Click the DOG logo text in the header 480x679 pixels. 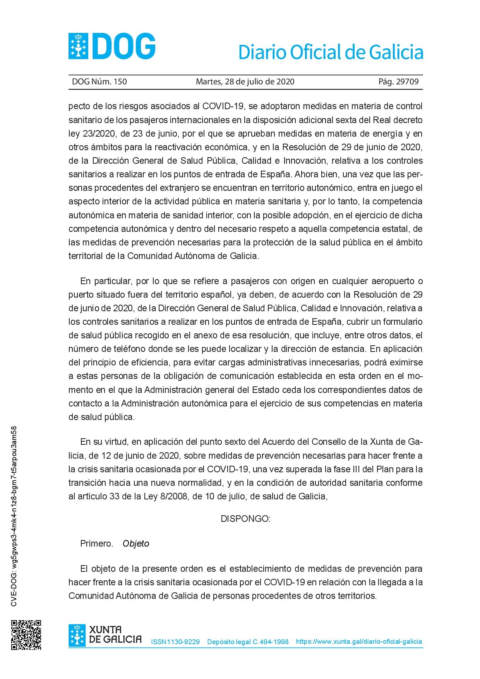click(124, 46)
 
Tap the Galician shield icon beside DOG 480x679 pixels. click(78, 46)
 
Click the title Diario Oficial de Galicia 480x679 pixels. click(331, 52)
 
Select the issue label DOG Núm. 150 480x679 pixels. click(99, 82)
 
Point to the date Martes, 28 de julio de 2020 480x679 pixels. click(245, 82)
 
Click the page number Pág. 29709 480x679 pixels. click(398, 82)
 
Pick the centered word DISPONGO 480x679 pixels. click(245, 519)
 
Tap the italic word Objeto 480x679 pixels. click(136, 544)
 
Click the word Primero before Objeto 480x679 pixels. click(96, 544)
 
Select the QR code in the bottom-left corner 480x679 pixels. click(26, 635)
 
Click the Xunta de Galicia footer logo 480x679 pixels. click(105, 635)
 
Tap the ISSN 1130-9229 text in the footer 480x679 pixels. click(175, 642)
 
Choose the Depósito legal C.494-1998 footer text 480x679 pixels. click(248, 642)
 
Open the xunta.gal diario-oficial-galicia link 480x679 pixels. click(359, 641)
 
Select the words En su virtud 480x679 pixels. click(103, 442)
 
